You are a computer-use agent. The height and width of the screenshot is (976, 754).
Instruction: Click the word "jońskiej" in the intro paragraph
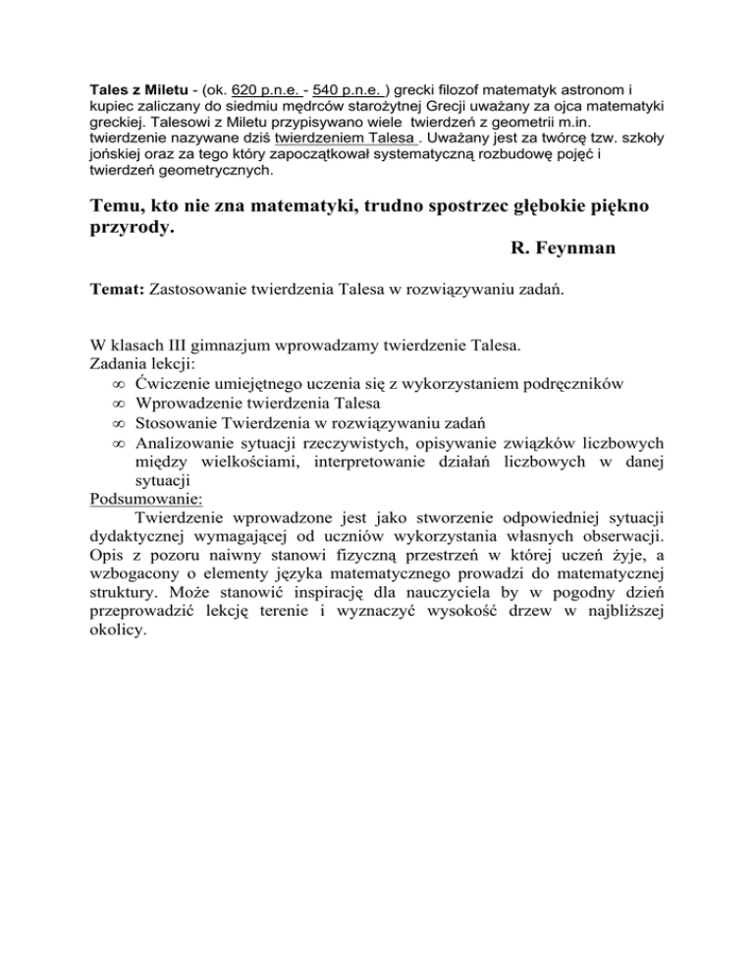[111, 158]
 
